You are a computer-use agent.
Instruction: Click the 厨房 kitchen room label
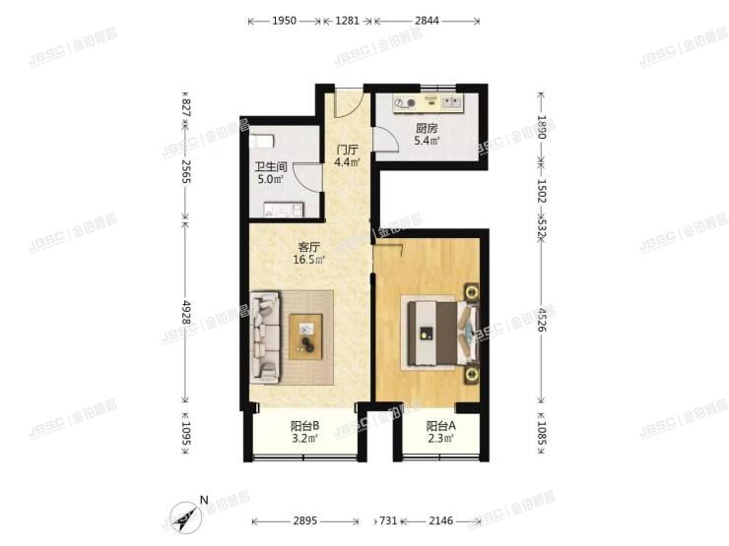[426, 128]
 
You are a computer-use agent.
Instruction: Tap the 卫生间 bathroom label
[270, 167]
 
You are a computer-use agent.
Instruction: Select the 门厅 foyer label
[348, 150]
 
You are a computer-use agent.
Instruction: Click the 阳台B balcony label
[303, 426]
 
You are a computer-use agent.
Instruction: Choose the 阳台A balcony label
[440, 426]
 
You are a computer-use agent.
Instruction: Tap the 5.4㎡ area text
[427, 141]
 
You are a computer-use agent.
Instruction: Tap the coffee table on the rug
[305, 334]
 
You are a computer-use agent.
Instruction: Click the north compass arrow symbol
[186, 514]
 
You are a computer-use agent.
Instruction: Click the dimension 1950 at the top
[284, 20]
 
